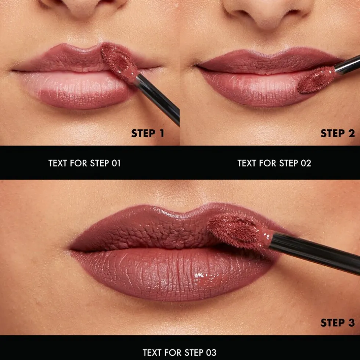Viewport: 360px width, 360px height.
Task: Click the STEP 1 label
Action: tap(147, 133)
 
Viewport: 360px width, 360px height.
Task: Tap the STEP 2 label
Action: tap(338, 133)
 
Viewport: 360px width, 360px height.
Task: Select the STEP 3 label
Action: tap(338, 323)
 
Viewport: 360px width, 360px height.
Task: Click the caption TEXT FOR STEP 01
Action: tap(84, 163)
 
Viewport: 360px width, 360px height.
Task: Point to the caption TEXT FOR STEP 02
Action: tap(274, 163)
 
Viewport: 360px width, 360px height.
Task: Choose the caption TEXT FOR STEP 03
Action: tap(180, 353)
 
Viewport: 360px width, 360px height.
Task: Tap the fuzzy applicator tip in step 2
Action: tap(314, 80)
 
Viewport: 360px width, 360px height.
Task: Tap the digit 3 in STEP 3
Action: tap(350, 323)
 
